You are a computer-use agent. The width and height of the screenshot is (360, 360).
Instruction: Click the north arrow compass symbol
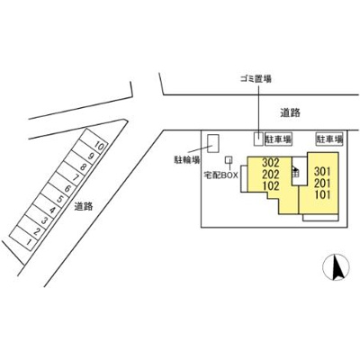[336, 266]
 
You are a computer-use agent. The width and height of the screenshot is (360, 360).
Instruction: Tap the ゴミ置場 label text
[256, 79]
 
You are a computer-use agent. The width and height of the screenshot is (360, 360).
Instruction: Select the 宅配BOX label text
[220, 175]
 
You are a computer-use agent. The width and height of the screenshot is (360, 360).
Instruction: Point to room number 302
[271, 163]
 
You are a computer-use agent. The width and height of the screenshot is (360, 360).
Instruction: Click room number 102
[271, 185]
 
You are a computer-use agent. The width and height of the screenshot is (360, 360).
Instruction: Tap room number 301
[322, 172]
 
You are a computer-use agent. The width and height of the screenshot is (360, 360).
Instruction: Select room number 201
[322, 183]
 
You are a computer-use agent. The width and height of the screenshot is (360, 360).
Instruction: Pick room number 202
[271, 175]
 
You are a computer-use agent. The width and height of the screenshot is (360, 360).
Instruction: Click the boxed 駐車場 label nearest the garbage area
[278, 139]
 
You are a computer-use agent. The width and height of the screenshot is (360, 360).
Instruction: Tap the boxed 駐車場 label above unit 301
[329, 139]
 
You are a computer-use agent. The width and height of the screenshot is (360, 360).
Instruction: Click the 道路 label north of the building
[290, 112]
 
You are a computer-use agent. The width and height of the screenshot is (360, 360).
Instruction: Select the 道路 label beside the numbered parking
[84, 206]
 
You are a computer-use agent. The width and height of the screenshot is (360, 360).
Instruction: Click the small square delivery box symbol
[229, 159]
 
